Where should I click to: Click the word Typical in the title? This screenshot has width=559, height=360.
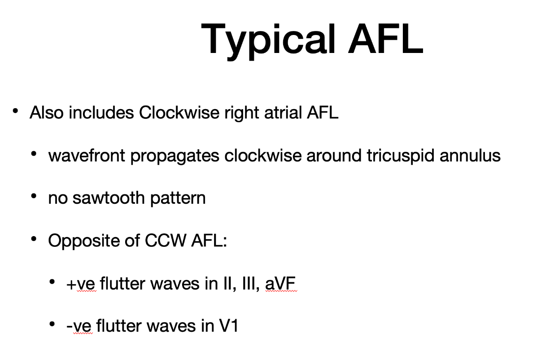click(268, 41)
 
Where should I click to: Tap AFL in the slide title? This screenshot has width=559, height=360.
click(385, 39)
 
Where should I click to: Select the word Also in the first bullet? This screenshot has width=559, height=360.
click(47, 112)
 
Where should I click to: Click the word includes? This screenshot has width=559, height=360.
click(101, 112)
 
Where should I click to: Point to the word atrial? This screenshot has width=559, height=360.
click(283, 112)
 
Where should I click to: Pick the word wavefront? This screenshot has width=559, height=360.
click(87, 155)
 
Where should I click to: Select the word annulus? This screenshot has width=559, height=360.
click(470, 155)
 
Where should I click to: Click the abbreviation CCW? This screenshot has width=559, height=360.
click(165, 241)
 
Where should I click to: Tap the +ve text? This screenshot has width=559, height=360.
click(81, 284)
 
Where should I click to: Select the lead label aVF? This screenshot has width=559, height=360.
click(280, 283)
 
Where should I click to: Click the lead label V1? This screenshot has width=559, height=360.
click(229, 326)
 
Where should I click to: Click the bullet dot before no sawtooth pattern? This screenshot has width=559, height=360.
click(34, 196)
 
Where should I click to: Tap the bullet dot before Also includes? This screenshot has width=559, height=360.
click(15, 111)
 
